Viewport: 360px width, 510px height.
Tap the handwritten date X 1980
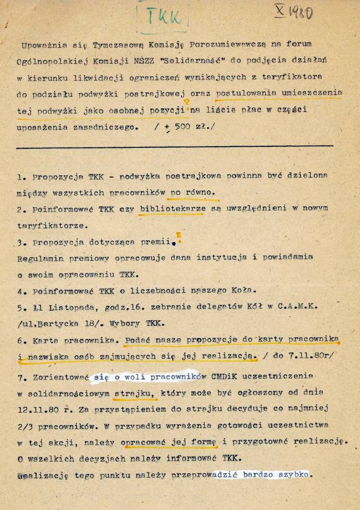tap(293, 12)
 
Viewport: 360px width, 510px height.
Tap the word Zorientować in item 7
tap(61, 376)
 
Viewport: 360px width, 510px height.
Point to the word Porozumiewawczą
tap(234, 44)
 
